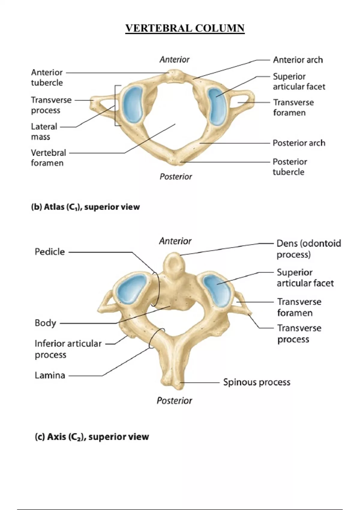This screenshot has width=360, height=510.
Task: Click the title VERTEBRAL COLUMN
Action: (x=185, y=28)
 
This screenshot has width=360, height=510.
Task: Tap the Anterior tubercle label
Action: (x=47, y=77)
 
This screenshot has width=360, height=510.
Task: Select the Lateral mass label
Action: (x=44, y=131)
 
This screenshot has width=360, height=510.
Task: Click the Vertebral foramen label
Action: (x=48, y=158)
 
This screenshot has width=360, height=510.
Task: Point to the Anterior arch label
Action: (x=298, y=60)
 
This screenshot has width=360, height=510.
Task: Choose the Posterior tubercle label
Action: (x=289, y=167)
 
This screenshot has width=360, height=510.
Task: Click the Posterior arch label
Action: (x=299, y=143)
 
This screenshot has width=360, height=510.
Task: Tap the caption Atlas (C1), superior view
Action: (x=85, y=207)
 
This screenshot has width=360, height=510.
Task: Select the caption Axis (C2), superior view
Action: (x=92, y=437)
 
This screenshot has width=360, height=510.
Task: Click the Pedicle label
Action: (x=50, y=252)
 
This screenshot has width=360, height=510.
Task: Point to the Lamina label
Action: (x=50, y=375)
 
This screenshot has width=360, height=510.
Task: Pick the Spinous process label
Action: (x=257, y=382)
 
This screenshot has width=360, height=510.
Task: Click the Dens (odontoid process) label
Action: (x=308, y=249)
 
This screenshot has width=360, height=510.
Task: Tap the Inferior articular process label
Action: (x=68, y=349)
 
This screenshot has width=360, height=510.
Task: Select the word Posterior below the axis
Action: (x=174, y=400)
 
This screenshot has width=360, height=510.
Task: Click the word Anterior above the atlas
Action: (x=174, y=60)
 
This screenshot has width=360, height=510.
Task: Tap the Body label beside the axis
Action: (x=45, y=323)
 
